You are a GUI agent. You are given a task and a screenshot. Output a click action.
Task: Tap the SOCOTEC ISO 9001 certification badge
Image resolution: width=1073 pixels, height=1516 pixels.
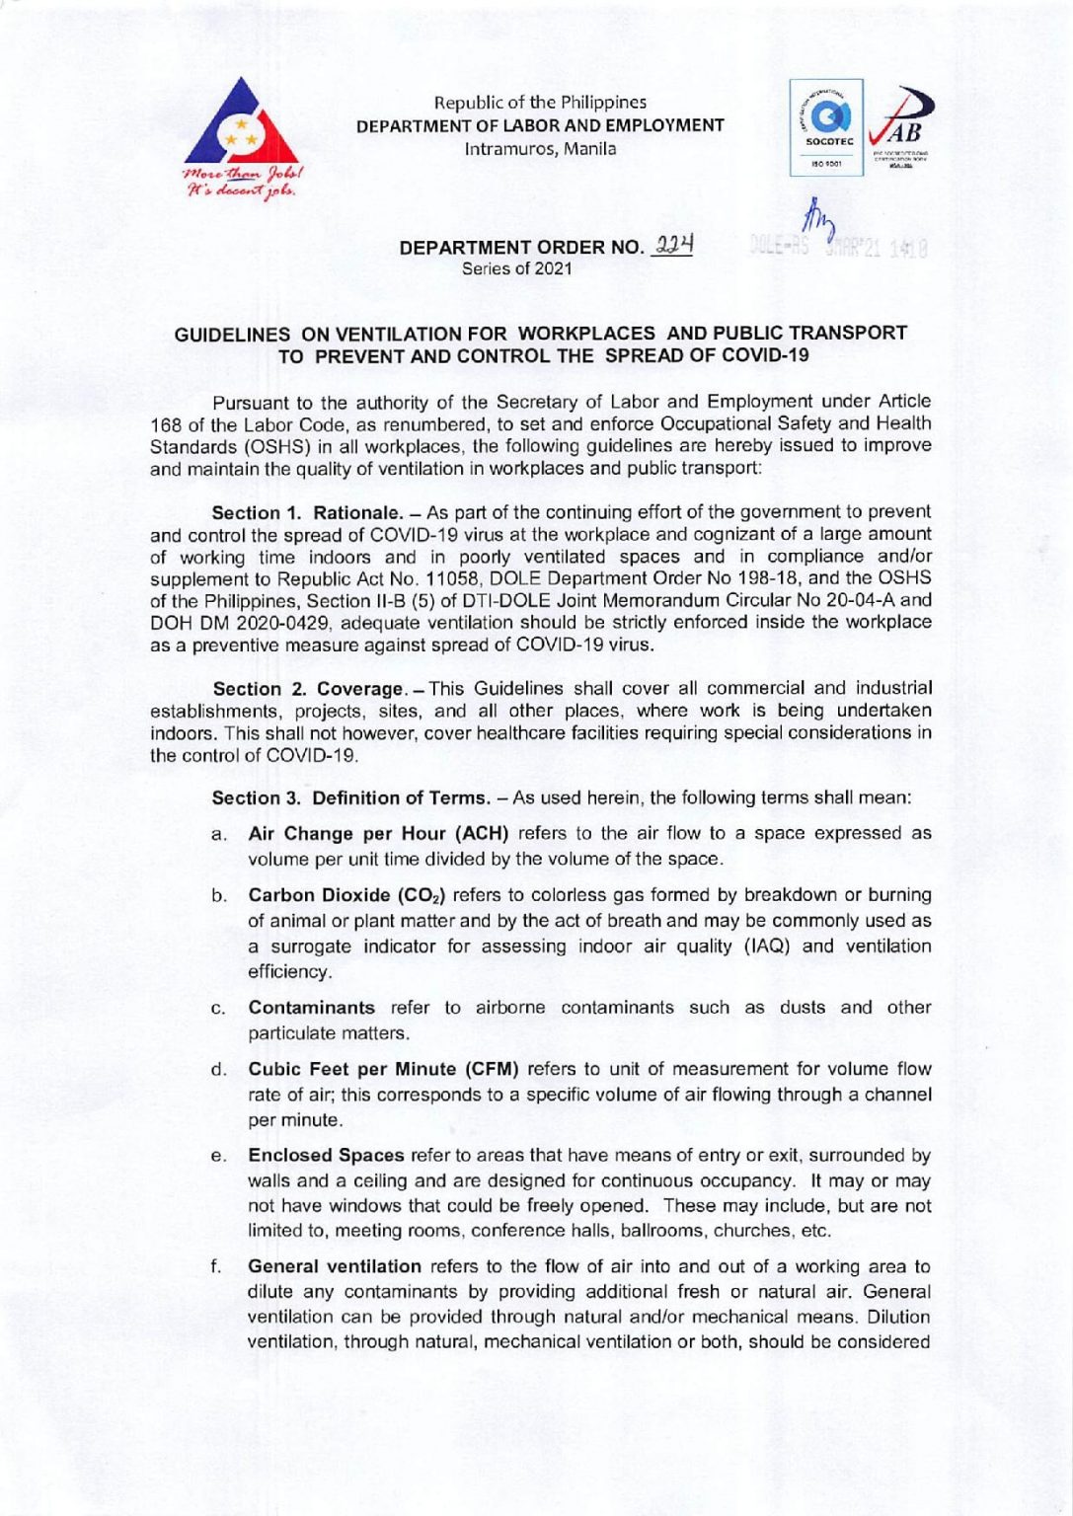click(x=827, y=128)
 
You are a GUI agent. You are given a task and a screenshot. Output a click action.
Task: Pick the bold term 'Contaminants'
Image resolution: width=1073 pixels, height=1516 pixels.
click(x=311, y=1008)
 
